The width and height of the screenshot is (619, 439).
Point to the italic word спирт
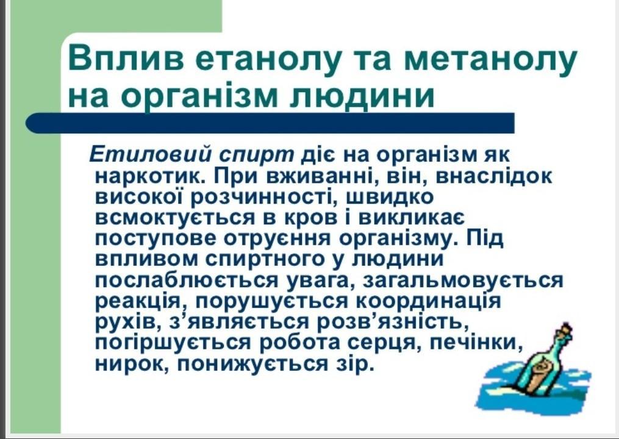point(257,155)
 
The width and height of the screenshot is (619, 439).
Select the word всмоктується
point(175,218)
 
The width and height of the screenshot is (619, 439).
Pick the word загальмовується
point(463,280)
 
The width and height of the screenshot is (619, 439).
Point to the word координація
point(428,302)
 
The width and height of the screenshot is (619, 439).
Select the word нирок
point(132,364)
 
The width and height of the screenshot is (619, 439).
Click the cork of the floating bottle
point(566,329)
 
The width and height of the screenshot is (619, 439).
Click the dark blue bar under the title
point(270,123)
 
